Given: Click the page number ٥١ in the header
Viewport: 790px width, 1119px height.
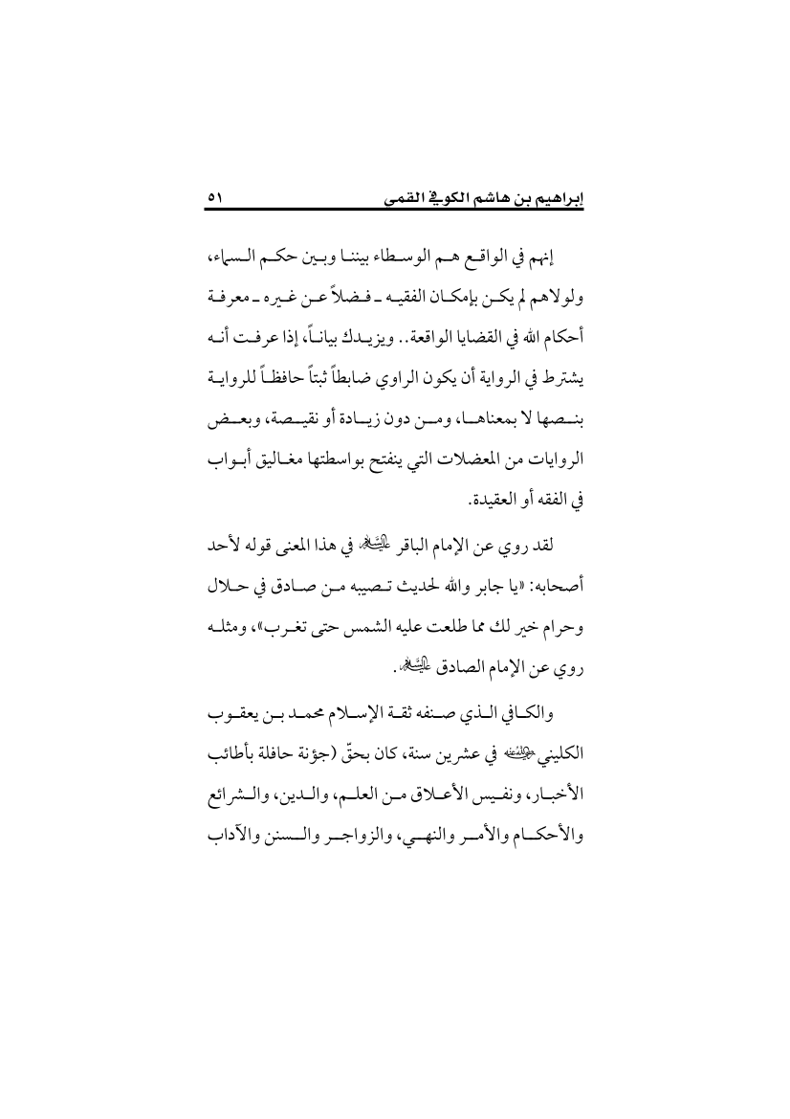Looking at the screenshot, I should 213,199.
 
